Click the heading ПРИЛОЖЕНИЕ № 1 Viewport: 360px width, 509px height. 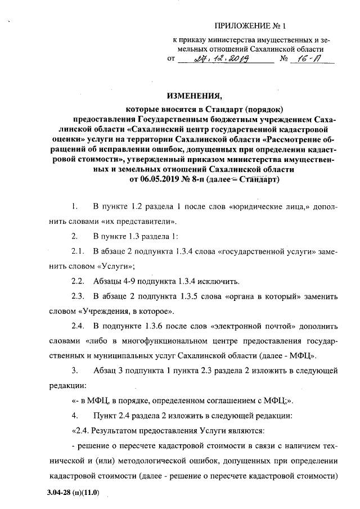[x=253, y=26]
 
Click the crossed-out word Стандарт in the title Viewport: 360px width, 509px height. [x=257, y=179]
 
